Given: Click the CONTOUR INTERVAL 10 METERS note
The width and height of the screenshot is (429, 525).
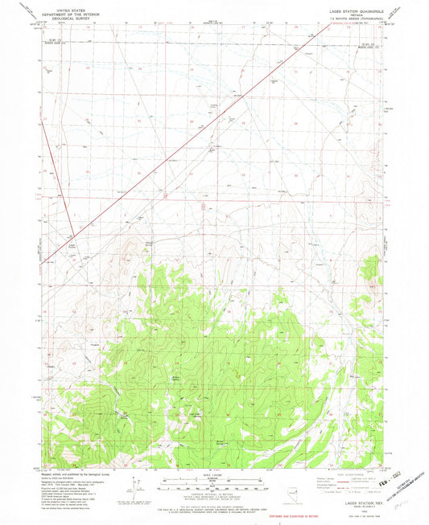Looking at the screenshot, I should [x=212, y=494].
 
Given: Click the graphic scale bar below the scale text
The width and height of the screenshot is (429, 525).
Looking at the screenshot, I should [x=212, y=485].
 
